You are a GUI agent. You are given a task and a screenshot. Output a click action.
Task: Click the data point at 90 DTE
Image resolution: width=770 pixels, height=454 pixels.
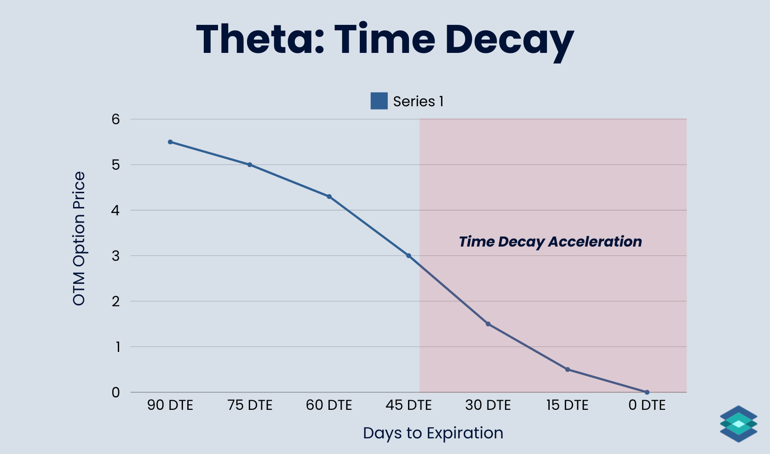pyautogui.click(x=170, y=142)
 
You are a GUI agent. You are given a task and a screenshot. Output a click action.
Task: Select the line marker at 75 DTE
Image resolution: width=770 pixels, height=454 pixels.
pyautogui.click(x=250, y=165)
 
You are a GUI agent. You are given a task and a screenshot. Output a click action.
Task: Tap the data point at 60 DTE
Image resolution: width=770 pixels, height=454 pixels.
pyautogui.click(x=329, y=196)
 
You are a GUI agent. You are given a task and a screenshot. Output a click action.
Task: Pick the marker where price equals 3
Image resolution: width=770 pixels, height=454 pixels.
pyautogui.click(x=408, y=256)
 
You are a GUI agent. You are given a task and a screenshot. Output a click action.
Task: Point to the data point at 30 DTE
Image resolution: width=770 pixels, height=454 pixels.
pyautogui.click(x=488, y=324)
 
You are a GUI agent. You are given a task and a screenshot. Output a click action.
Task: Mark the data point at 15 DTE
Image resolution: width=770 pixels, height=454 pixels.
pyautogui.click(x=568, y=369)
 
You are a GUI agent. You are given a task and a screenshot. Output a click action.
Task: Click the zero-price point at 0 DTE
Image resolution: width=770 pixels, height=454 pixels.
pyautogui.click(x=647, y=392)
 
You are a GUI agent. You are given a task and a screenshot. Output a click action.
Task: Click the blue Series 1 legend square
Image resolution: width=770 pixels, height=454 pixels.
pyautogui.click(x=379, y=101)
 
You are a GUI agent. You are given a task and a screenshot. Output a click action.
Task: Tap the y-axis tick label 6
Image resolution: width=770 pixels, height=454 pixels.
pyautogui.click(x=115, y=120)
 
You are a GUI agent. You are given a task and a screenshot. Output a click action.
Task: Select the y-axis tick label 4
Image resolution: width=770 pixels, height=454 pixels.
pyautogui.click(x=115, y=211)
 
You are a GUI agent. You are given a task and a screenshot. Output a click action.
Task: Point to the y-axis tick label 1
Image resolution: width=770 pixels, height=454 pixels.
pyautogui.click(x=117, y=347)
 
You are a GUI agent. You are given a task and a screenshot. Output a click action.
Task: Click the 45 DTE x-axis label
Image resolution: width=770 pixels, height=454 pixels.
pyautogui.click(x=408, y=405)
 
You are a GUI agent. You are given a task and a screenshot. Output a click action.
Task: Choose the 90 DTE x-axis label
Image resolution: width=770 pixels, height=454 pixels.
pyautogui.click(x=170, y=405)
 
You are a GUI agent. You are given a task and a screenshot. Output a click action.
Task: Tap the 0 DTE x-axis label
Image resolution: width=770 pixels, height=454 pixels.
pyautogui.click(x=647, y=405)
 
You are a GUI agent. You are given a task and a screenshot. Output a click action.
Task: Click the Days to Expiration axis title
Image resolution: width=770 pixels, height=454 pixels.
pyautogui.click(x=433, y=433)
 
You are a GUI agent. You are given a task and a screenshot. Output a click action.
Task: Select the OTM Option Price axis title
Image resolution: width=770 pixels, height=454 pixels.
pyautogui.click(x=79, y=238)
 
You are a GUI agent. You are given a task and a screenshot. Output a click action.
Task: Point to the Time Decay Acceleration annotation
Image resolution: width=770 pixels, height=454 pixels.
pyautogui.click(x=550, y=241)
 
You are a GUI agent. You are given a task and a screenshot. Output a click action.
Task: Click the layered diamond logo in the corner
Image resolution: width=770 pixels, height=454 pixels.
pyautogui.click(x=738, y=424)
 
